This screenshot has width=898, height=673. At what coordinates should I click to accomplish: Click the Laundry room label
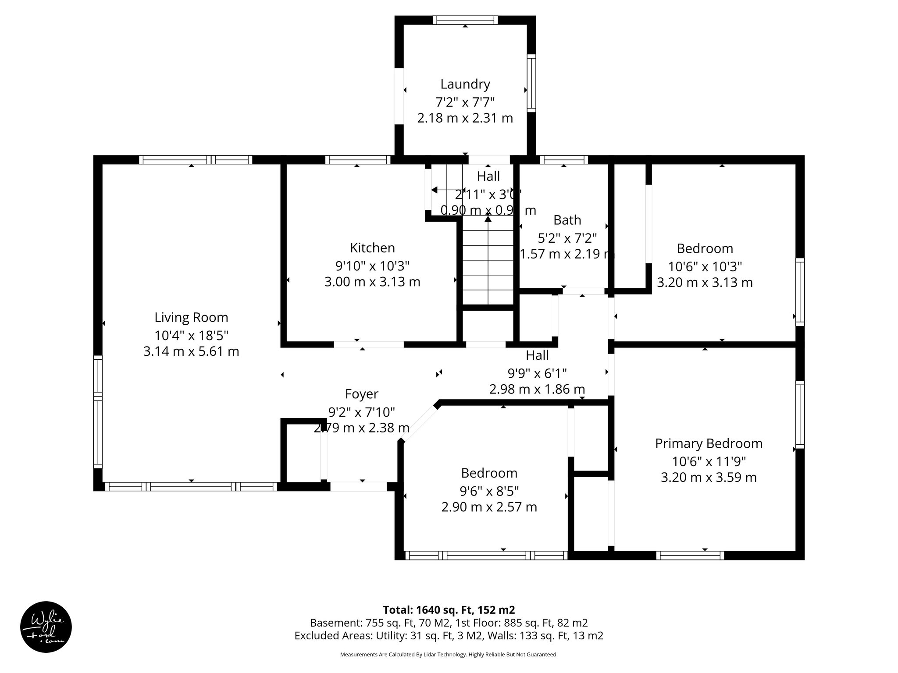[x=465, y=84]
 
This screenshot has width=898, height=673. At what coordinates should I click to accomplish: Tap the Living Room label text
[x=191, y=317]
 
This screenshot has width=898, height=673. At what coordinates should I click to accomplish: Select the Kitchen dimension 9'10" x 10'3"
[x=372, y=266]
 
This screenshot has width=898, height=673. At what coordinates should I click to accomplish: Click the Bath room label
[x=567, y=220]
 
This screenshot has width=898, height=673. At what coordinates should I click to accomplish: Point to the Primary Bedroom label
[x=709, y=443]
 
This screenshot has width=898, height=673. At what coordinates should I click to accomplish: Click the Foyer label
[x=361, y=394]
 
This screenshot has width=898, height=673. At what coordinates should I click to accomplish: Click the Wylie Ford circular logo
[x=46, y=627]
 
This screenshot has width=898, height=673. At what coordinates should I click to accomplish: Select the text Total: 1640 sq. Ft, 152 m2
[x=449, y=610]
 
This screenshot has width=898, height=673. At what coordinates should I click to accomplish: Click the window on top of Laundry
[x=465, y=20]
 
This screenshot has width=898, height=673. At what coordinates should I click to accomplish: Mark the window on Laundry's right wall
[x=531, y=83]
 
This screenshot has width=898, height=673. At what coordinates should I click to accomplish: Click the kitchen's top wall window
[x=357, y=160]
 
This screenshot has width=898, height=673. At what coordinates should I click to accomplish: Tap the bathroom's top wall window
[x=563, y=160]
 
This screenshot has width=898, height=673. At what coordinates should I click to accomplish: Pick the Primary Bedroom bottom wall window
[x=690, y=555]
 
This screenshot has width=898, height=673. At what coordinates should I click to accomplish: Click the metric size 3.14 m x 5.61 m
[x=191, y=351]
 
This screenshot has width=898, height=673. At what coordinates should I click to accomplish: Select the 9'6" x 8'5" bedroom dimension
[x=489, y=490]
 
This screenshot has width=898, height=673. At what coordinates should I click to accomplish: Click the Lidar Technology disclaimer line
[x=449, y=655]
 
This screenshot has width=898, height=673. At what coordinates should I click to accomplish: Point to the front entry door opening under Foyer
[x=358, y=486]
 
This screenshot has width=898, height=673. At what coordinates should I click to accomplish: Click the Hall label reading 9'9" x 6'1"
[x=537, y=373]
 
